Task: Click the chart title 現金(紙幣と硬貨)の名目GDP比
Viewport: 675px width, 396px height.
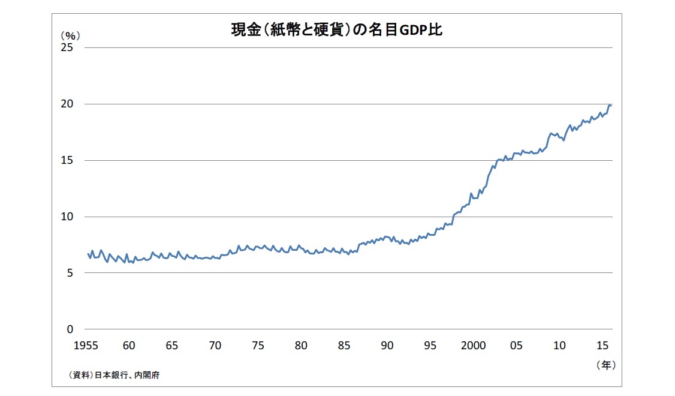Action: (x=336, y=29)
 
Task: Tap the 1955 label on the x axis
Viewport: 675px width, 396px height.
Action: (x=88, y=346)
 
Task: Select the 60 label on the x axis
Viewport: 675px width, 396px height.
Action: (x=128, y=346)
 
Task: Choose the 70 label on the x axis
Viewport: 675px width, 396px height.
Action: (x=215, y=346)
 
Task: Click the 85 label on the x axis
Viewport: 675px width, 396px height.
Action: (x=344, y=346)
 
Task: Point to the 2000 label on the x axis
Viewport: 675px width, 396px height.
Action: (x=474, y=346)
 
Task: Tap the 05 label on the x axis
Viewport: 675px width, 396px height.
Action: (x=517, y=346)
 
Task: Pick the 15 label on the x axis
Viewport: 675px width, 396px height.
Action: (x=602, y=346)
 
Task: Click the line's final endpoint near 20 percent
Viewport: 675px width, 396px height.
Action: (x=611, y=106)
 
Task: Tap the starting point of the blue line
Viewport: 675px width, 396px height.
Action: (x=88, y=253)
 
